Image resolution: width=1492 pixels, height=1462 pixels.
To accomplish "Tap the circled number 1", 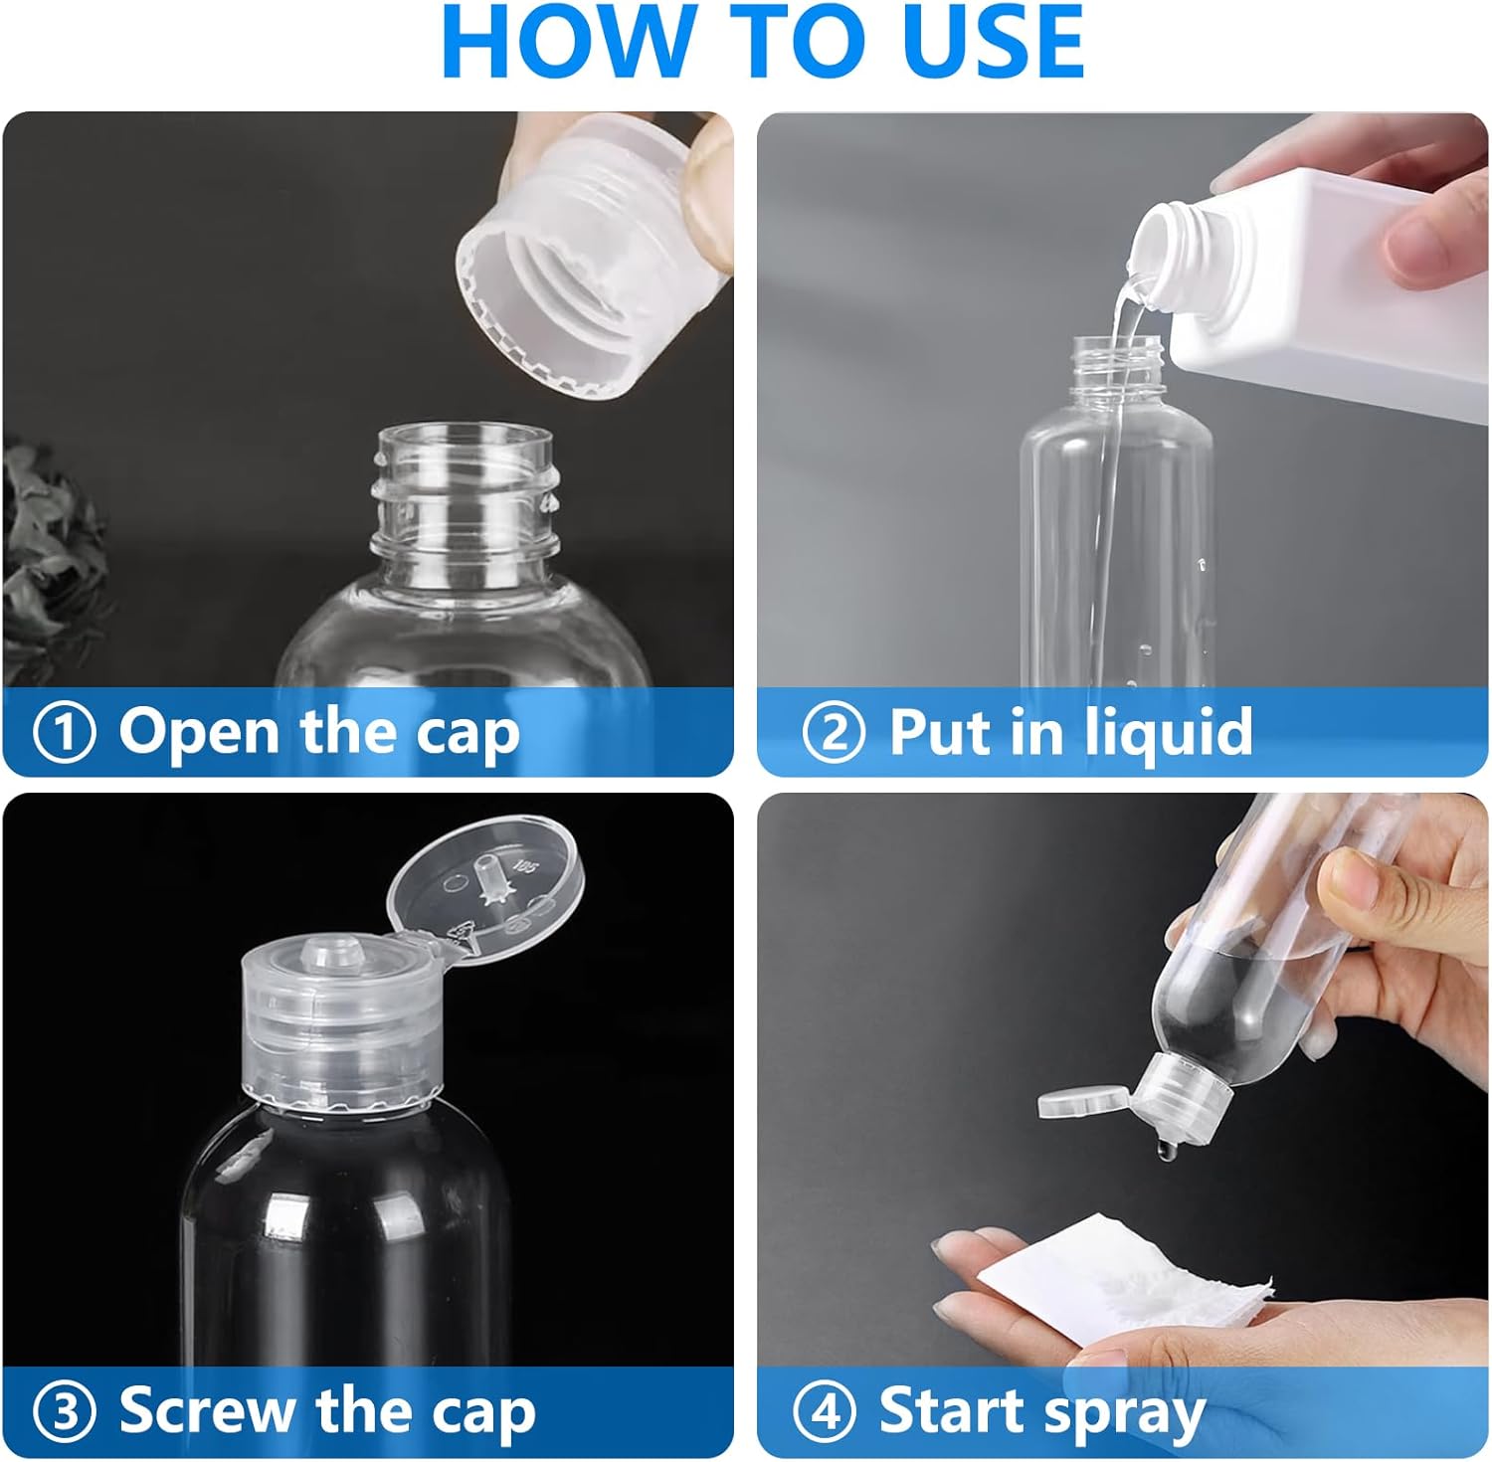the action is tap(65, 733).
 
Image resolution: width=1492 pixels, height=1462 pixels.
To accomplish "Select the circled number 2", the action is tap(834, 733).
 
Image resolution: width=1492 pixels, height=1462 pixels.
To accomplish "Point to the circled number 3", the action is tap(65, 1412).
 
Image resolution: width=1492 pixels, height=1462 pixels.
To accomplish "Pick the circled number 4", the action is tap(824, 1412).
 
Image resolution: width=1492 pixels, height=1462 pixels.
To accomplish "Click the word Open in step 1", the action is tap(199, 734).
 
